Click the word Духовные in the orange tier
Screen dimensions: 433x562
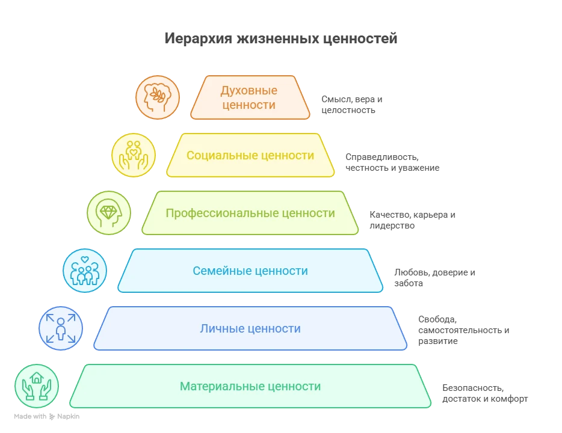point(249,91)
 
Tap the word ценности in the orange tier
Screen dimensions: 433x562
point(249,105)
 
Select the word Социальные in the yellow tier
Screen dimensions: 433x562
point(223,156)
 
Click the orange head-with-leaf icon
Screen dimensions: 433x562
point(158,97)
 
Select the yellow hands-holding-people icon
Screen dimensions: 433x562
point(134,155)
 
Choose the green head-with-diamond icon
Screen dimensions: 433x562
point(109,213)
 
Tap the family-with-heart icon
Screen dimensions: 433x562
point(85,271)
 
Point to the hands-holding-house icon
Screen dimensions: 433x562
point(37,386)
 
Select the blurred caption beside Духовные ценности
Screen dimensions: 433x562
point(350,103)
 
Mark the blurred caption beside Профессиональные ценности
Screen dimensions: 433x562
point(411,220)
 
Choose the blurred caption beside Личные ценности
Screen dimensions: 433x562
point(462,331)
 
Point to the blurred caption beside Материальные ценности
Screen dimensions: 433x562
point(485,393)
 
